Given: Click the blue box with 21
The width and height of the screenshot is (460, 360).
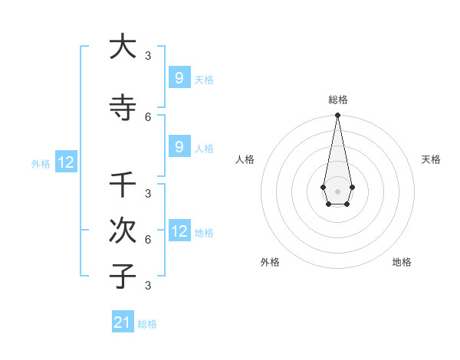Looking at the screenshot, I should [x=123, y=322].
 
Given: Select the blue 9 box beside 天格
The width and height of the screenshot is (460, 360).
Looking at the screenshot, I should [x=179, y=78].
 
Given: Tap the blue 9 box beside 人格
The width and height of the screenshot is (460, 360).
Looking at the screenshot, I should [x=179, y=147].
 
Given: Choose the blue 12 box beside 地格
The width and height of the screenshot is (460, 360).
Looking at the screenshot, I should [x=179, y=231].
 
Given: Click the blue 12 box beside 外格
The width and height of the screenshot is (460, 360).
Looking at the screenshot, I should [x=66, y=162].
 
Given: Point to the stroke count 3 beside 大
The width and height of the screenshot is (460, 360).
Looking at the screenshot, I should [x=148, y=55].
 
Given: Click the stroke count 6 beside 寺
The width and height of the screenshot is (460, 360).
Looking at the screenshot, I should [x=148, y=116].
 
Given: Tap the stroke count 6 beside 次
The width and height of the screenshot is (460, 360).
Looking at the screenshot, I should [x=148, y=239].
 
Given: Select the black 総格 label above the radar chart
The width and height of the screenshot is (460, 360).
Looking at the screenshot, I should [x=338, y=100].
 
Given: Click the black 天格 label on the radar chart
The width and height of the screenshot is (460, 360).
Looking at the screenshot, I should [x=431, y=159].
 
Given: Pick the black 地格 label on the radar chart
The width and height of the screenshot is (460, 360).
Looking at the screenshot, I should [x=402, y=262].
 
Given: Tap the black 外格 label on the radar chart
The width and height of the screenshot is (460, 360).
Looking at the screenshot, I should [x=270, y=262].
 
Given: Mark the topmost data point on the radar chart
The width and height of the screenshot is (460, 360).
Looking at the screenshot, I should [x=337, y=116].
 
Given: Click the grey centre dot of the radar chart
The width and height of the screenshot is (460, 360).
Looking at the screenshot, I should [x=337, y=190].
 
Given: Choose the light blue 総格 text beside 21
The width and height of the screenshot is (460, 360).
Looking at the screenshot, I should [x=147, y=324].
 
